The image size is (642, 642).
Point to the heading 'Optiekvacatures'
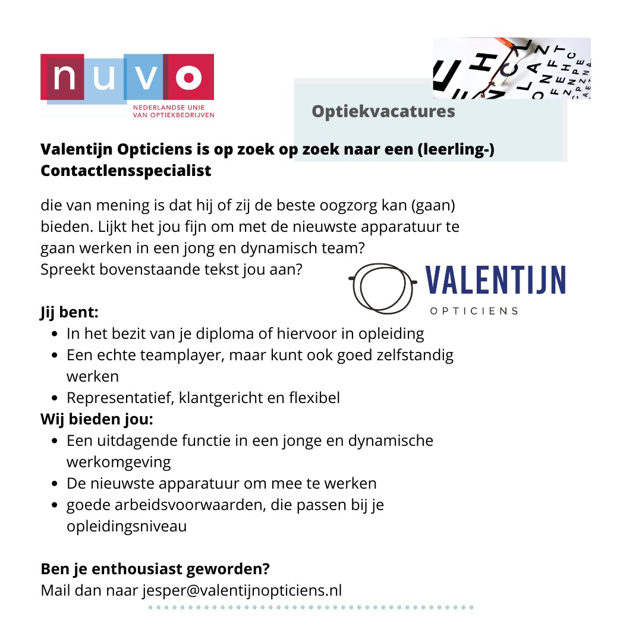(x=383, y=111)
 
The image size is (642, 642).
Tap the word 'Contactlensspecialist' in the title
(x=126, y=171)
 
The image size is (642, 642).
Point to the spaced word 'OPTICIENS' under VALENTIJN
(x=474, y=311)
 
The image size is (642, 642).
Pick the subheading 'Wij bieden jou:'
(x=97, y=419)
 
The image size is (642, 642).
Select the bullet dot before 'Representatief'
(x=55, y=398)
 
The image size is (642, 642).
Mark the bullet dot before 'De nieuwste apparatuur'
(x=55, y=484)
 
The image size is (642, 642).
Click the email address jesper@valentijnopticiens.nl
(x=242, y=590)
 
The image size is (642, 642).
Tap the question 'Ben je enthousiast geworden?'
(x=155, y=569)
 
